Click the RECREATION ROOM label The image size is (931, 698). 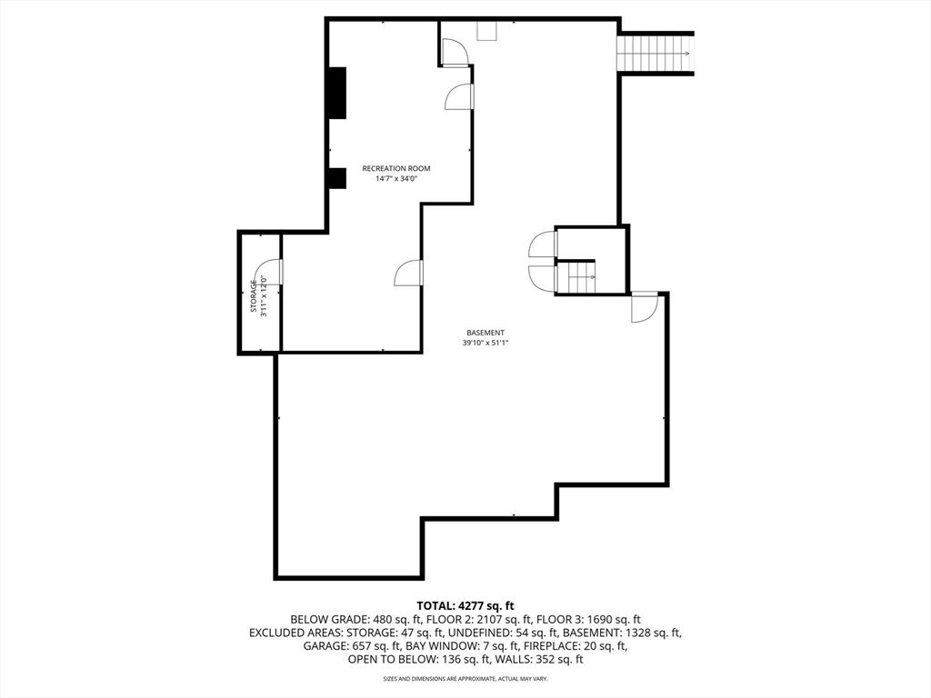pyautogui.click(x=395, y=168)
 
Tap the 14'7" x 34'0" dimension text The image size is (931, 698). pyautogui.click(x=395, y=179)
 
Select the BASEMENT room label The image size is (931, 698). pyautogui.click(x=486, y=333)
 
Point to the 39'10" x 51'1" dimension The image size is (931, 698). pyautogui.click(x=486, y=344)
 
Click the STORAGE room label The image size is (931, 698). pyautogui.click(x=254, y=295)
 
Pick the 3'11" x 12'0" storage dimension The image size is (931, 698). pyautogui.click(x=264, y=295)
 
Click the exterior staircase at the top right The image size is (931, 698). pyautogui.click(x=655, y=53)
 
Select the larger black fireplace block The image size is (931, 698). pyautogui.click(x=337, y=93)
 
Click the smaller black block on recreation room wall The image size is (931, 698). pyautogui.click(x=337, y=178)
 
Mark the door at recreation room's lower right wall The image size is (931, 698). pyautogui.click(x=409, y=273)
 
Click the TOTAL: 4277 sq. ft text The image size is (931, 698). pyautogui.click(x=465, y=605)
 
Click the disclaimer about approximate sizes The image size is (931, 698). pyautogui.click(x=465, y=679)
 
